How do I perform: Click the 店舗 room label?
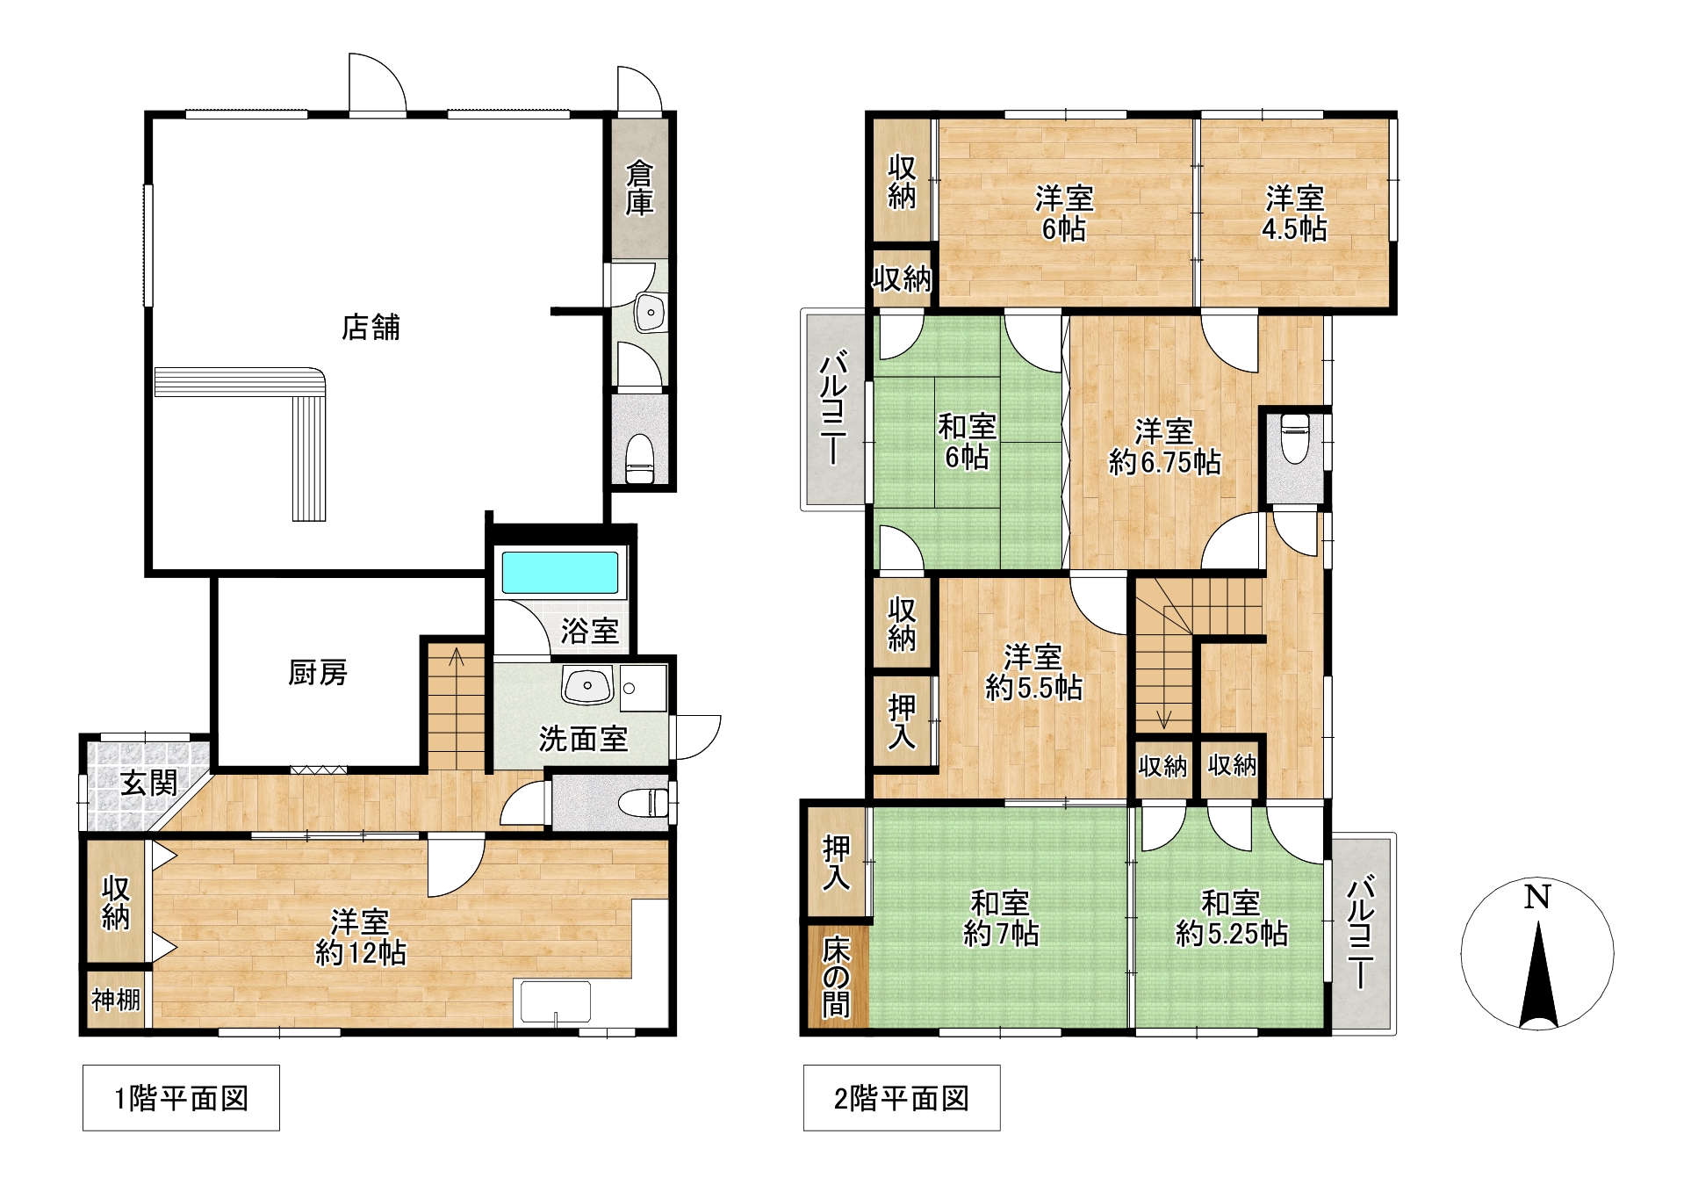371,328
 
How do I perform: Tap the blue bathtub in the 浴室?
560,572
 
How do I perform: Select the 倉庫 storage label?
639,188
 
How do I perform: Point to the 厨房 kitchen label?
318,673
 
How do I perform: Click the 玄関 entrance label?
149,783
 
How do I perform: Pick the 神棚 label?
116,1000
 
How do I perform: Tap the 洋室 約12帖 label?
360,937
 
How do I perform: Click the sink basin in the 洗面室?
587,686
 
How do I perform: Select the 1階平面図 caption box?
181,1098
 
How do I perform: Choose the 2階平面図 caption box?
902,1098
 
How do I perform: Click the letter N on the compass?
1536,898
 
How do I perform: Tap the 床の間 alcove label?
836,977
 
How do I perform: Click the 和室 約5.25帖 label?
1232,918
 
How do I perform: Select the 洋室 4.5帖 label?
1294,213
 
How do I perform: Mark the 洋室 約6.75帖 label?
1165,447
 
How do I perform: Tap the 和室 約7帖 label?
1001,918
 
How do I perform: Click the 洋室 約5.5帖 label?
1033,672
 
